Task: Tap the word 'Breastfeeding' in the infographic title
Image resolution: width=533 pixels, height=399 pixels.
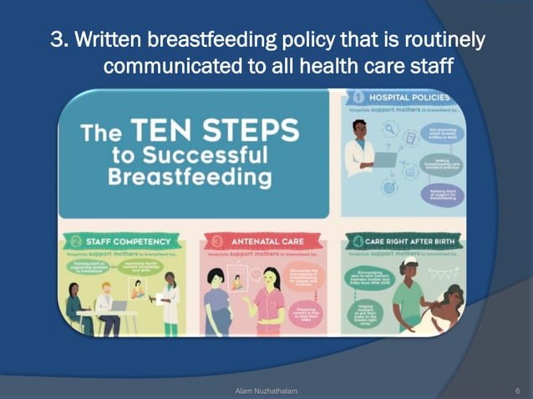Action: point(190,177)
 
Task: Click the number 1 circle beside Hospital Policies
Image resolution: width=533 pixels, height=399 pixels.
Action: point(357,98)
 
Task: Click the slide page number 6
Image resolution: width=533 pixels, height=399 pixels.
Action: point(518,390)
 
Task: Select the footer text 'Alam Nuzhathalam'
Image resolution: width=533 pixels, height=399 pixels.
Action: point(266,390)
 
